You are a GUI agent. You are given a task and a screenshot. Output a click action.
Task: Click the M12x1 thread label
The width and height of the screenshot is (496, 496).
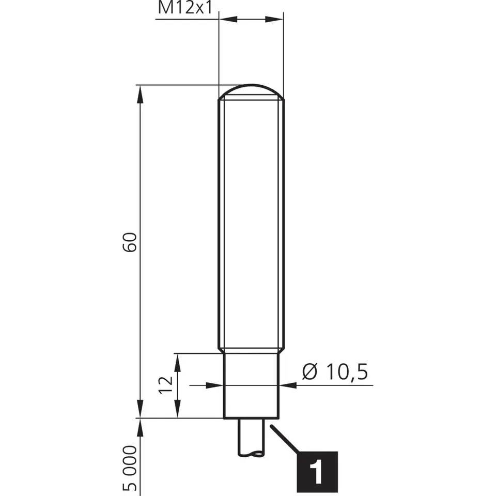click(x=185, y=8)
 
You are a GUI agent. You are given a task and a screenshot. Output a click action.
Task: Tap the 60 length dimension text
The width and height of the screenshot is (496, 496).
click(x=130, y=242)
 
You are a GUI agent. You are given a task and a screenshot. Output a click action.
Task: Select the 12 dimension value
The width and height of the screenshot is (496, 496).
click(x=166, y=385)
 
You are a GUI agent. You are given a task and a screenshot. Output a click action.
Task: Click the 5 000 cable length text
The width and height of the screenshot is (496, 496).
click(x=130, y=468)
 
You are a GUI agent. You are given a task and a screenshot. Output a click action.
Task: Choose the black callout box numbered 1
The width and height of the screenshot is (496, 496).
click(x=317, y=472)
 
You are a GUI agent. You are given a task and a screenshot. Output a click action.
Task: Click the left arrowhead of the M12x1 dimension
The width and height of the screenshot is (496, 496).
click(x=228, y=19)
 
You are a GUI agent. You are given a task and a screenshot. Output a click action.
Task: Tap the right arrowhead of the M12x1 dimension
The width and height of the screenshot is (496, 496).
click(x=274, y=19)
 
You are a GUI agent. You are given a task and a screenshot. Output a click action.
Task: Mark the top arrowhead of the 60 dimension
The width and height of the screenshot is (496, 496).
click(x=140, y=94)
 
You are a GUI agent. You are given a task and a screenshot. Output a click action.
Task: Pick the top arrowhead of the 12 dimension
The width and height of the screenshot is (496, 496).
click(x=177, y=363)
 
